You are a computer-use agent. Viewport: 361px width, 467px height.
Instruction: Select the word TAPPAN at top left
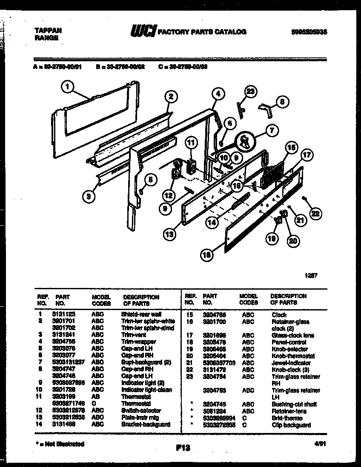[47, 30]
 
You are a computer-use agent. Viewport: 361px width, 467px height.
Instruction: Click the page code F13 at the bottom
[182, 447]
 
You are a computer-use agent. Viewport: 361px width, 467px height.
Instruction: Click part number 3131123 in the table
[64, 314]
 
